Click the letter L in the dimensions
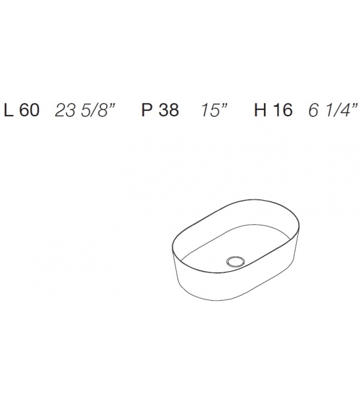(9, 111)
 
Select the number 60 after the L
(29, 111)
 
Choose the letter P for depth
(147, 111)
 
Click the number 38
(168, 111)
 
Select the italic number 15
(209, 111)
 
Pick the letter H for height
(260, 111)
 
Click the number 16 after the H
(283, 111)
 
